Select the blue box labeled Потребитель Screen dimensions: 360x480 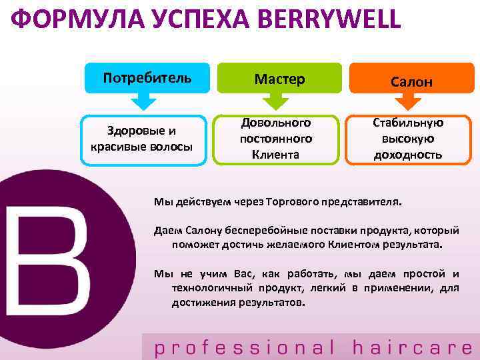click(x=147, y=77)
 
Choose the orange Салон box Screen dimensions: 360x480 click(x=412, y=81)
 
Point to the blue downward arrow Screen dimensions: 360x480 click(x=143, y=102)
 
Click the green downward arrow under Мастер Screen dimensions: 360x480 click(x=276, y=102)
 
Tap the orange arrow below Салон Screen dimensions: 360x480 click(x=409, y=103)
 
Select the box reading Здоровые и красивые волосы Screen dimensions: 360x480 click(x=142, y=139)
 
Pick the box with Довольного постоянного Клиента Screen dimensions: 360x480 click(x=275, y=139)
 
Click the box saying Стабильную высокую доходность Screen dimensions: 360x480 click(x=409, y=139)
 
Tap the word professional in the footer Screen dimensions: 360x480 click(x=244, y=347)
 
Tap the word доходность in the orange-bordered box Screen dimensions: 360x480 click(x=409, y=155)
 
